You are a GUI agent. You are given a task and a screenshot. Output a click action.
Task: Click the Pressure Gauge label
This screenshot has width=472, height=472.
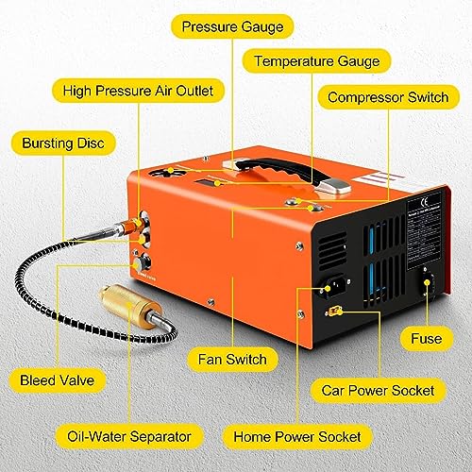[231, 26]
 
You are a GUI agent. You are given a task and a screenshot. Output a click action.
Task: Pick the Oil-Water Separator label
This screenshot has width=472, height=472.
[129, 436]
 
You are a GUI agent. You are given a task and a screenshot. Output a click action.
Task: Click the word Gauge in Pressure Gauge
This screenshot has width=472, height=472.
[259, 26]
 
